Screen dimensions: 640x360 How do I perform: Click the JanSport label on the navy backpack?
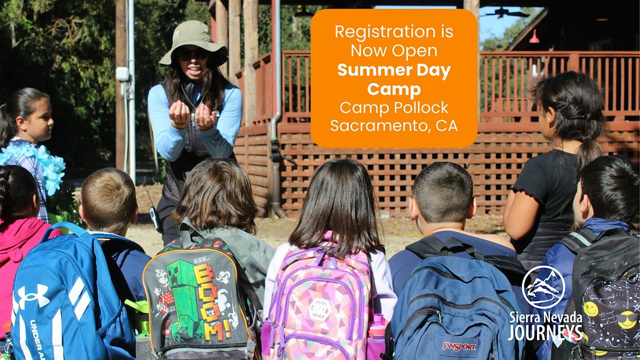459,347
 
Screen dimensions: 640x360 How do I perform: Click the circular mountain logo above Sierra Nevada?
543,287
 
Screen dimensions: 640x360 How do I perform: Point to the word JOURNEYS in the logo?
545,333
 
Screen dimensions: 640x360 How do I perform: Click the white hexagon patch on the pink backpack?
319,309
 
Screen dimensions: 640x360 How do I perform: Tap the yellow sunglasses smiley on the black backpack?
627,319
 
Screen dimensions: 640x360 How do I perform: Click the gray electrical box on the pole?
122,74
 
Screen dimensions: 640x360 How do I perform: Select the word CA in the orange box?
446,125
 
